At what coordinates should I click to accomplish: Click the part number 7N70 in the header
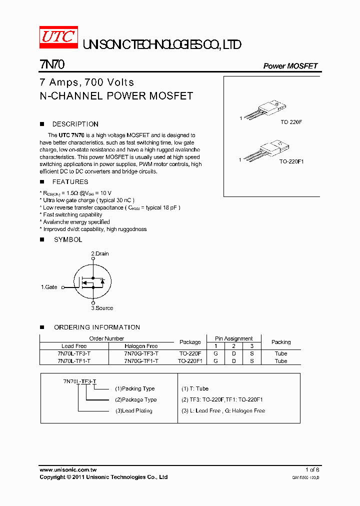pos(51,65)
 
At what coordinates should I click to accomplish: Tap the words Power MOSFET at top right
pos(290,66)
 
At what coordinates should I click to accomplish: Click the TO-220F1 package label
pos(291,161)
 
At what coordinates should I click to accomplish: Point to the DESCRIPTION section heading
pos(75,124)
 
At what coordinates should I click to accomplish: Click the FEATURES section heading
pos(70,182)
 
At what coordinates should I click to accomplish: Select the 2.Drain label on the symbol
pos(99,253)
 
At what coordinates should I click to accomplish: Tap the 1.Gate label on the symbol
pos(49,287)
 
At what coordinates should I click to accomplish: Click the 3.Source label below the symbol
pos(102,308)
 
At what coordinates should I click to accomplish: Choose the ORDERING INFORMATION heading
pos(97,327)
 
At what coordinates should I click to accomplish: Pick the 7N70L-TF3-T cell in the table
pos(74,353)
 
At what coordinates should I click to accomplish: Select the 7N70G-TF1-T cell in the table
pos(141,361)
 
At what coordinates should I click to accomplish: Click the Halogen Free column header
pos(141,346)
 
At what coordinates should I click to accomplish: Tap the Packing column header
pos(281,342)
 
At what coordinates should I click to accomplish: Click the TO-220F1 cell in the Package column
pos(190,361)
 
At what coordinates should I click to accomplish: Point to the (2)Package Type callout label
pos(135,399)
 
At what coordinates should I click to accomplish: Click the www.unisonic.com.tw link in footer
pos(68,470)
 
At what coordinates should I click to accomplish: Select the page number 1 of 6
pos(312,470)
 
